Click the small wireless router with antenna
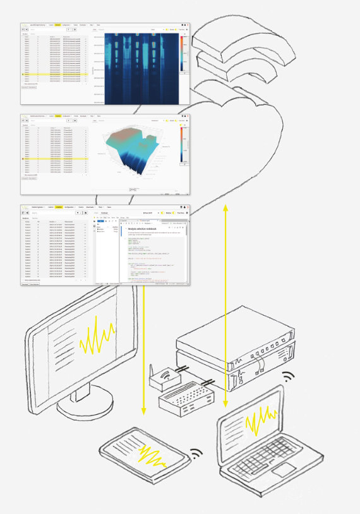click(165, 378)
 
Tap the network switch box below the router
click(186, 397)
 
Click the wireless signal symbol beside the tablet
click(196, 454)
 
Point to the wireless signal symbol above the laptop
click(289, 378)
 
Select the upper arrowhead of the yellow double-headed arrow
click(225, 207)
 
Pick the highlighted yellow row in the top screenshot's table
click(53, 75)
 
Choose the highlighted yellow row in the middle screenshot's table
click(53, 160)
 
